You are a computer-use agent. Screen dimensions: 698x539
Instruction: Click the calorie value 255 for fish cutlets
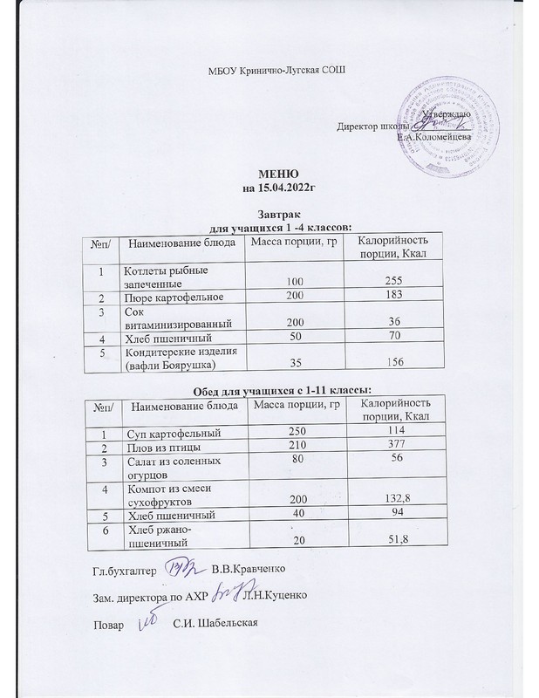coord(388,284)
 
